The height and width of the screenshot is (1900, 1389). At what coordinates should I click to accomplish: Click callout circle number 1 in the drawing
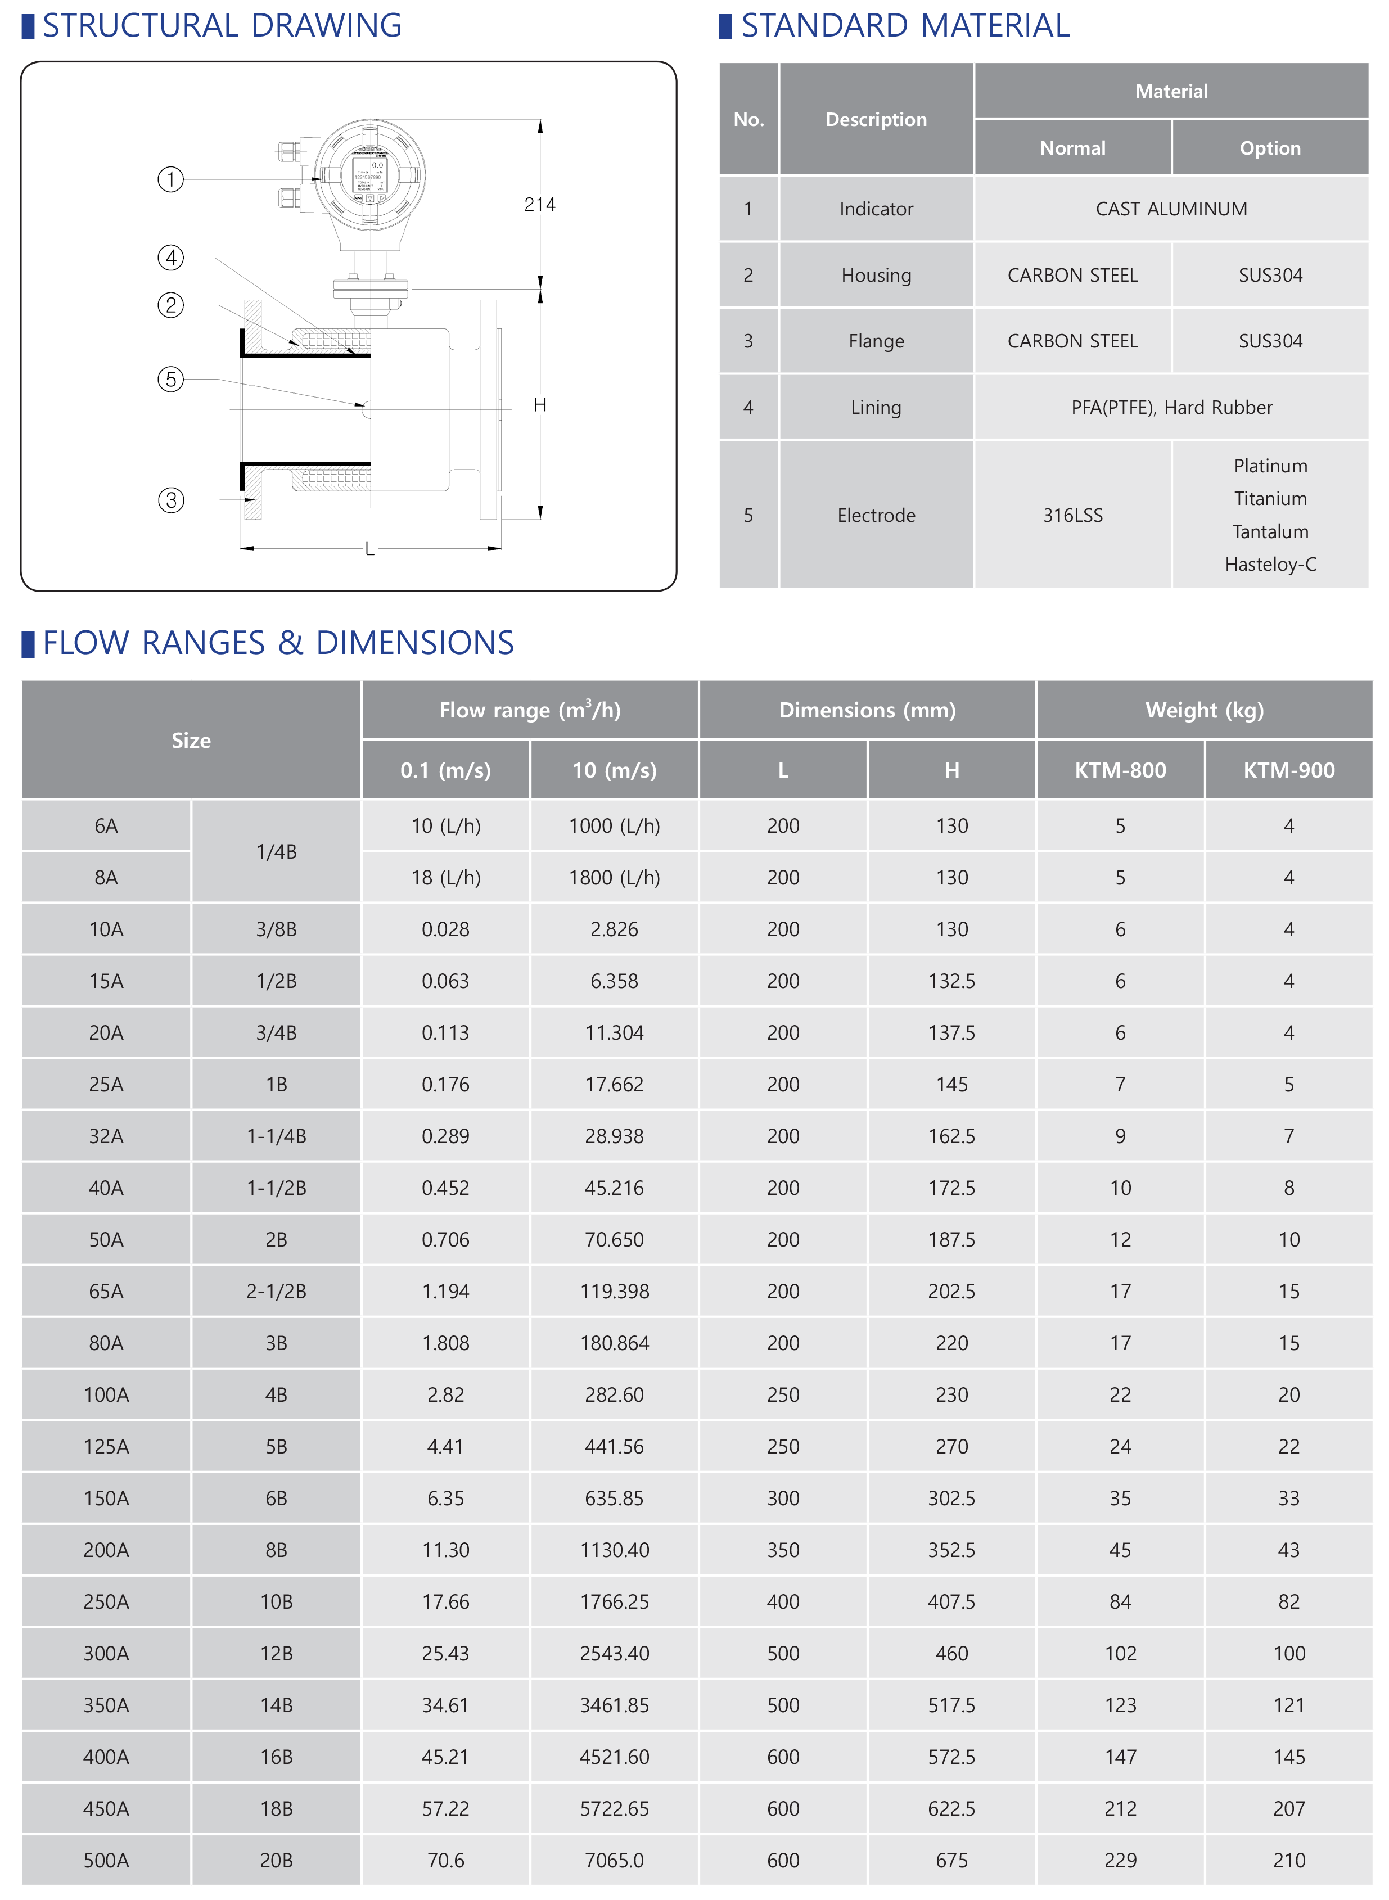pyautogui.click(x=171, y=179)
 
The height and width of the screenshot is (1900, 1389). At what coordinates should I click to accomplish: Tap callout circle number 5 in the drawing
pyautogui.click(x=171, y=379)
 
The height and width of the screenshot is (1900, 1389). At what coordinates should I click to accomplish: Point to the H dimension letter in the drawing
pyautogui.click(x=540, y=405)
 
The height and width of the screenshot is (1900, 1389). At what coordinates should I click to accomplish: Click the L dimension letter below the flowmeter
pyautogui.click(x=369, y=549)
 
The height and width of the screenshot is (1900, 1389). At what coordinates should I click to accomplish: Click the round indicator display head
pyautogui.click(x=370, y=175)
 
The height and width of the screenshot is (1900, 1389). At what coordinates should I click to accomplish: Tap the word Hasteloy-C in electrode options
pyautogui.click(x=1270, y=564)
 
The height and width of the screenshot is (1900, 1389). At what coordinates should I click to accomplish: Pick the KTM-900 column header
pyautogui.click(x=1288, y=770)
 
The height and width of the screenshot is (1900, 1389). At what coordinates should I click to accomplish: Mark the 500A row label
pyautogui.click(x=106, y=1861)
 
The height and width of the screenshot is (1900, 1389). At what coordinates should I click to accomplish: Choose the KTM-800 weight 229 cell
pyautogui.click(x=1120, y=1861)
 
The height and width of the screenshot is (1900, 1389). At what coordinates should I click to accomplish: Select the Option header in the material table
pyautogui.click(x=1270, y=148)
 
